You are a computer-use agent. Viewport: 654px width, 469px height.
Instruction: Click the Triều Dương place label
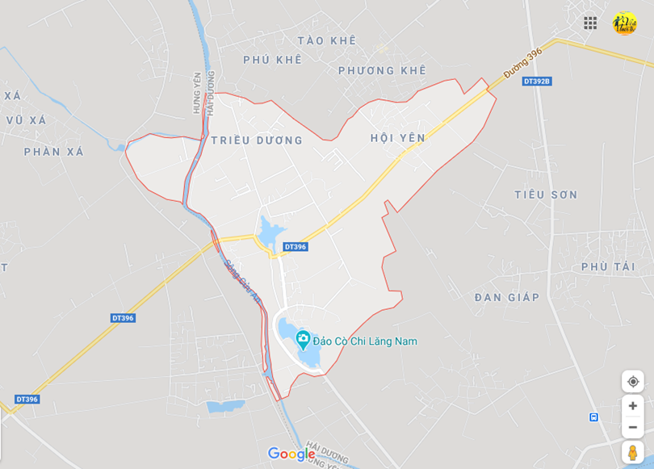tap(257, 140)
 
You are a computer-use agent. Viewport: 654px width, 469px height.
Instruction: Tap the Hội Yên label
tap(397, 138)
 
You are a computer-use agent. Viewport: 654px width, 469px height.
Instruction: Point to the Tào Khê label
tap(326, 40)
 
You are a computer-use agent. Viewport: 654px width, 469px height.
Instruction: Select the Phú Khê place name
tap(272, 60)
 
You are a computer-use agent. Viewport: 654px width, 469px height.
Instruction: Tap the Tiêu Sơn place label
tap(546, 195)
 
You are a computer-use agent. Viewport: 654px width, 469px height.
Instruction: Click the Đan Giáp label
tap(506, 297)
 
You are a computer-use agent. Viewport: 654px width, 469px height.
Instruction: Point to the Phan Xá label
tap(53, 152)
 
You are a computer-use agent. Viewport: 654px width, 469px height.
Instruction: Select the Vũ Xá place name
tap(27, 120)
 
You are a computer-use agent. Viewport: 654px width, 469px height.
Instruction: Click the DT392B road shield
tap(536, 81)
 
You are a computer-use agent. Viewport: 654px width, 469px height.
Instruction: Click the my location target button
tap(632, 381)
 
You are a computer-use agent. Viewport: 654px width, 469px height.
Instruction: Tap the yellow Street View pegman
tap(632, 453)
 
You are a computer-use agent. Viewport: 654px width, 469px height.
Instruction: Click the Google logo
tap(291, 454)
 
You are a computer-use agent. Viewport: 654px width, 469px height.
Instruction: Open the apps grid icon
tap(590, 23)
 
